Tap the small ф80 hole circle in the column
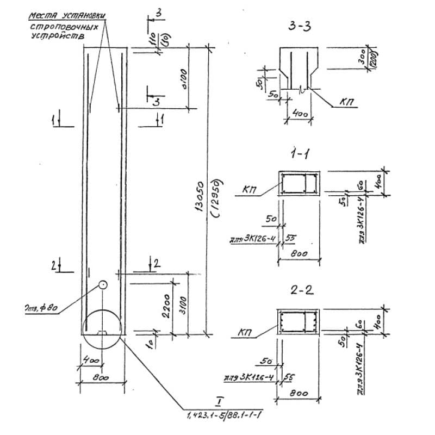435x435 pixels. [102, 284]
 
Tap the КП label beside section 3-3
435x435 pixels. [349, 102]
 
